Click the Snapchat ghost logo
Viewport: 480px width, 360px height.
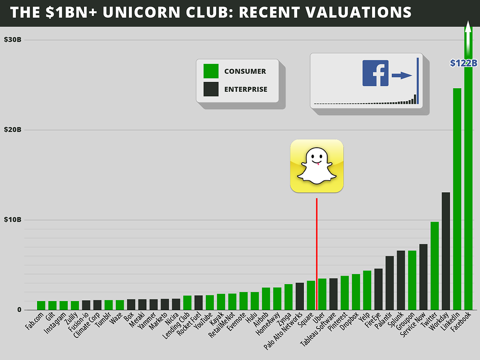coord(316,166)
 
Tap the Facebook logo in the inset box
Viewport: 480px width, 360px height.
coord(375,73)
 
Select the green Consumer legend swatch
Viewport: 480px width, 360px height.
coord(211,71)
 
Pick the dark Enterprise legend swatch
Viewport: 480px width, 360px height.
coord(211,89)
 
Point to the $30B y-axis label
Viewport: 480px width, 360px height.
coord(13,39)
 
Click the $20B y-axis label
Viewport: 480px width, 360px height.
coord(13,130)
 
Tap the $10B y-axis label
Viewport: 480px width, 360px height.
coord(13,220)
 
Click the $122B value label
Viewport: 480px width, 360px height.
coord(463,63)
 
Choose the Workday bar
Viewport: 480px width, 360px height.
coord(446,251)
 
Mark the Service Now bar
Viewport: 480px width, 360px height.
coord(423,277)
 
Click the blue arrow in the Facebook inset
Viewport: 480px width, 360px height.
coord(402,75)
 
